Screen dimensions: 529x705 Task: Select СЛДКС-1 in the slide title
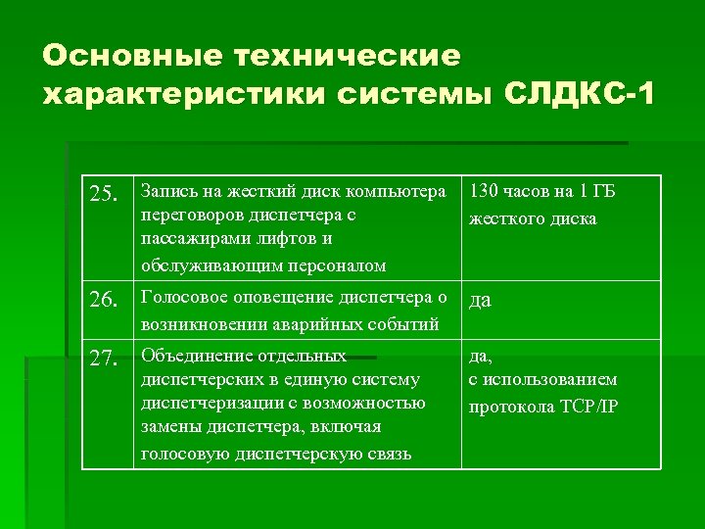[x=579, y=96]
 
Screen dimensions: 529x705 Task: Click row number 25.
[x=105, y=194]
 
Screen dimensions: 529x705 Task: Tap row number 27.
[x=105, y=359]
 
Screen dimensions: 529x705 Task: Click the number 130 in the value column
[x=488, y=191]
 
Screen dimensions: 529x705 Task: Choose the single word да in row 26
[x=480, y=301]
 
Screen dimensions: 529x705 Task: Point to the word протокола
[x=508, y=407]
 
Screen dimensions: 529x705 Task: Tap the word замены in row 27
[x=167, y=428]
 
